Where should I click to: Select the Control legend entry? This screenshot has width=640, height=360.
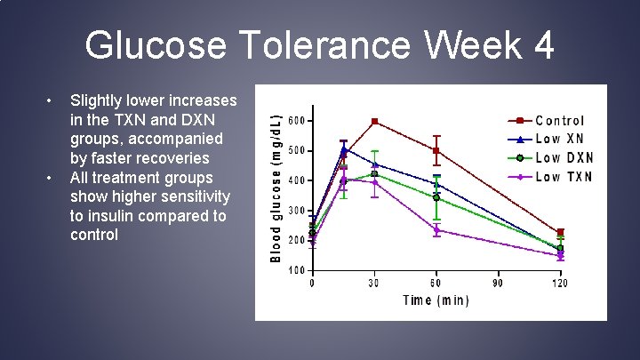(559, 120)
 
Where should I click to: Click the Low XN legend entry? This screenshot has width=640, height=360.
(559, 139)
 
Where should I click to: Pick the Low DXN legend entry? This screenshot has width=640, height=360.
(564, 157)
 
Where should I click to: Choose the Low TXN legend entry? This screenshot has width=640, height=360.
(564, 176)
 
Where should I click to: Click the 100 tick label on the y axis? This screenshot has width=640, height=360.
(297, 270)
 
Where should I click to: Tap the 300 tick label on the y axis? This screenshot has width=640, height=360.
(297, 211)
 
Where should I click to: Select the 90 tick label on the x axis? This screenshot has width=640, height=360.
(499, 283)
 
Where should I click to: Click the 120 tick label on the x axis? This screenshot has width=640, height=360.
(560, 283)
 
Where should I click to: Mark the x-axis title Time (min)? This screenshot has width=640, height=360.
(436, 300)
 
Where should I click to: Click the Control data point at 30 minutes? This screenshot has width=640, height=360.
(374, 121)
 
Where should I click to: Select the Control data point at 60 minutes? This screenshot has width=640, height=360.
(436, 150)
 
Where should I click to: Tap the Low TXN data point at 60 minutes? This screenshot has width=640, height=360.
(436, 229)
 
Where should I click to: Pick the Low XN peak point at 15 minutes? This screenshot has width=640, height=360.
(343, 148)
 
